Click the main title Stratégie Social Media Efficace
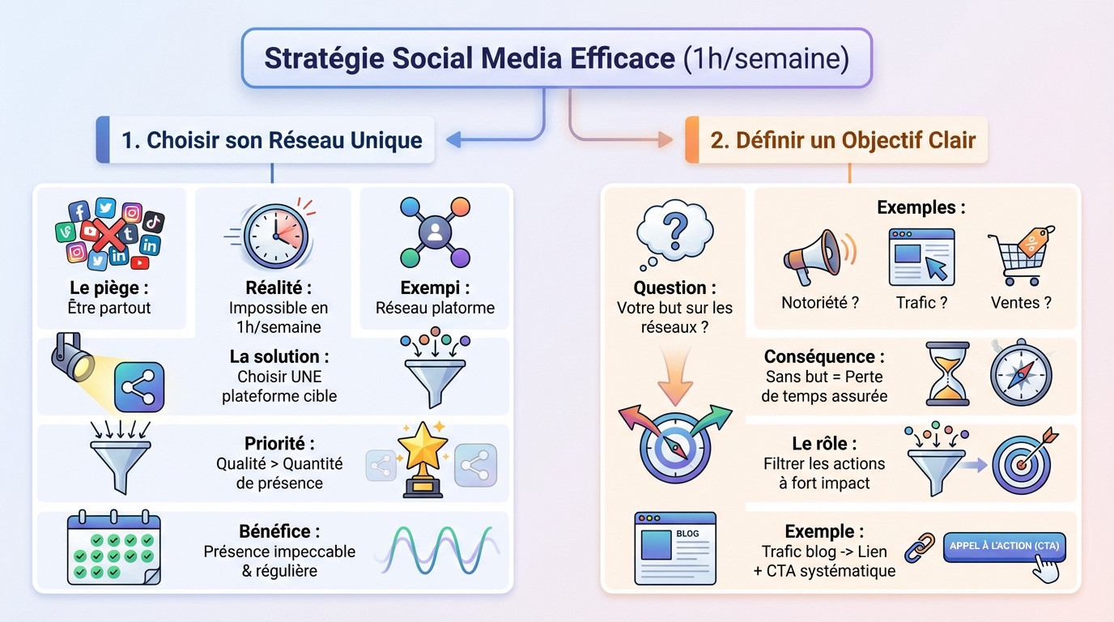pyautogui.click(x=470, y=58)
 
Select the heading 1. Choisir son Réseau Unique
pyautogui.click(x=272, y=140)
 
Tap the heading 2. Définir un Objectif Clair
pyautogui.click(x=843, y=140)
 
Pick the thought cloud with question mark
pyautogui.click(x=674, y=235)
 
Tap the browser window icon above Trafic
pyautogui.click(x=921, y=257)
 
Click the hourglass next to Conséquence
pyautogui.click(x=948, y=373)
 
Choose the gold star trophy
pyautogui.click(x=423, y=459)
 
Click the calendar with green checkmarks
pyautogui.click(x=114, y=547)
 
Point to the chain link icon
pyautogui.click(x=920, y=547)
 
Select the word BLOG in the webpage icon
pyautogui.click(x=687, y=534)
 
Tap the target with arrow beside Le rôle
pyautogui.click(x=1023, y=462)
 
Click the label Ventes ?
pyautogui.click(x=1021, y=303)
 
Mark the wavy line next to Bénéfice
pyautogui.click(x=436, y=551)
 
